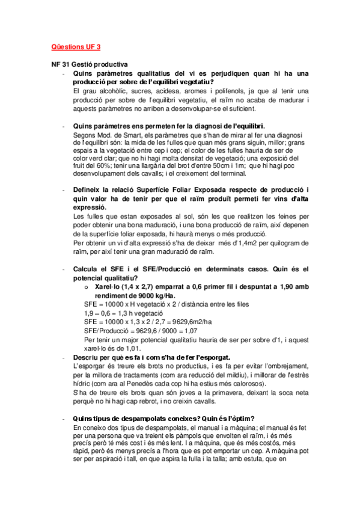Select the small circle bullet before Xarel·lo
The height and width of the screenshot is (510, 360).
tap(88, 287)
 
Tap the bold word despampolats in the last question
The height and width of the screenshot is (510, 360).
tap(135, 419)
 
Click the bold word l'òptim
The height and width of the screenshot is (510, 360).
tap(240, 419)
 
